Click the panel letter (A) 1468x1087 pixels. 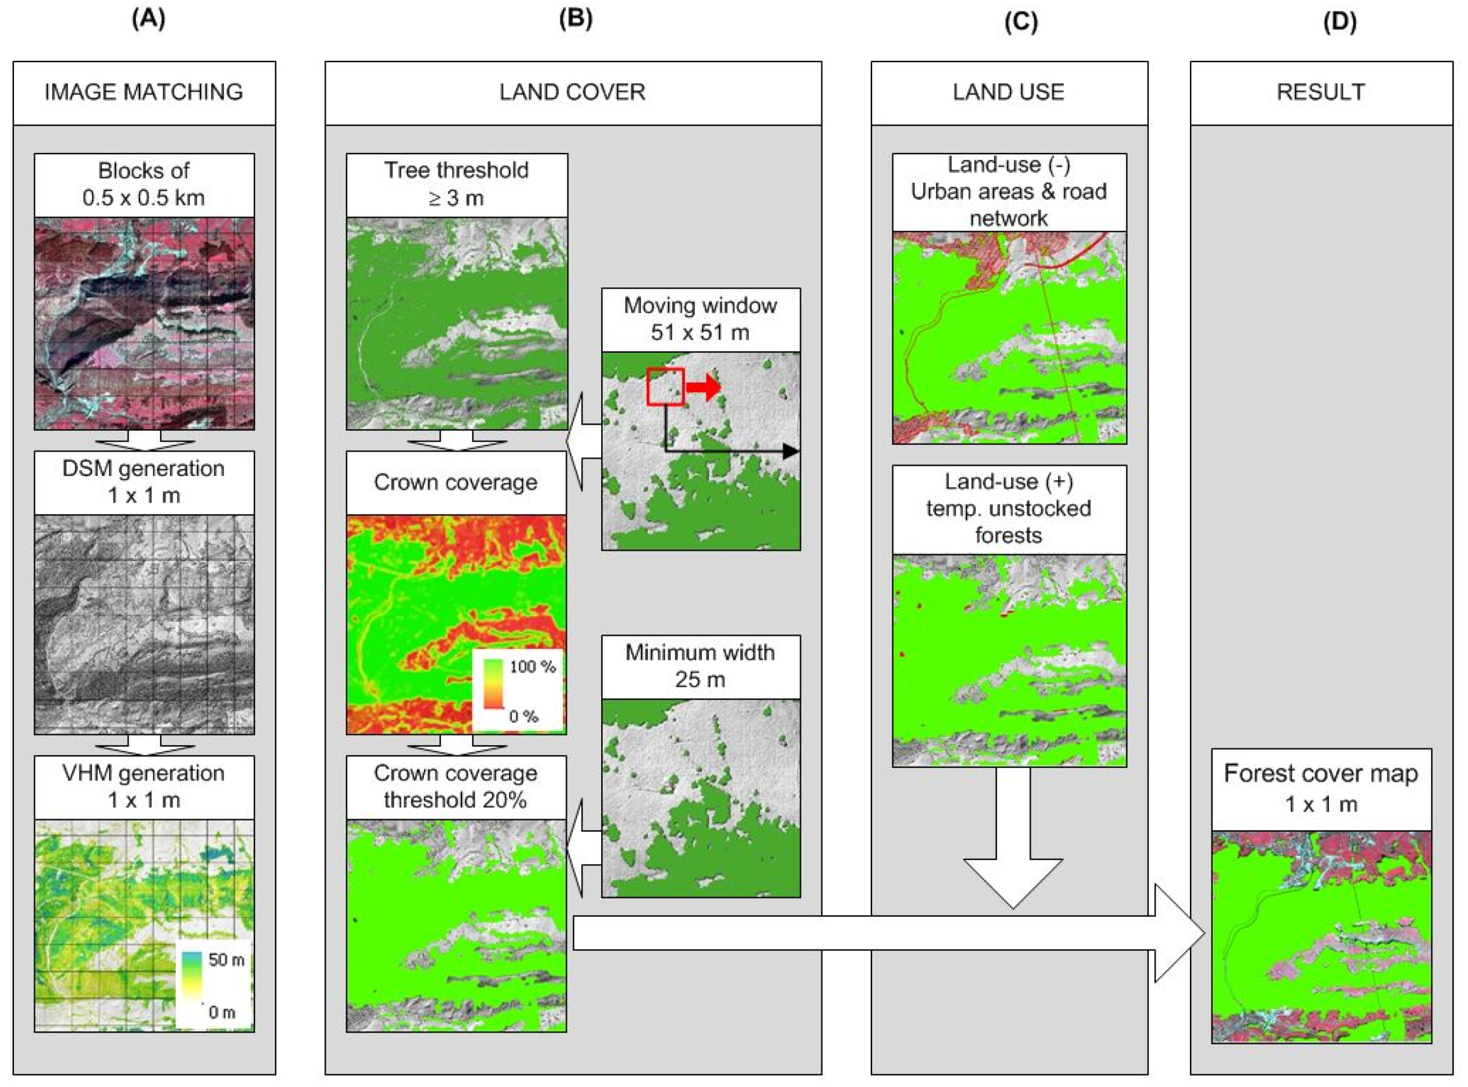tap(148, 19)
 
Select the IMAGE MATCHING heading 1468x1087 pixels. tap(144, 92)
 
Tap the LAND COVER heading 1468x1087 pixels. tap(573, 92)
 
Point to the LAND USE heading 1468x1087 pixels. tap(1008, 92)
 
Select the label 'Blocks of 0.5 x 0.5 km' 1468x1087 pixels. tap(144, 184)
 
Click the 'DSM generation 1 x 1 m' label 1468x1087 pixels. tap(144, 482)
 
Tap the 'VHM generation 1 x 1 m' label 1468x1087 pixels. tap(144, 786)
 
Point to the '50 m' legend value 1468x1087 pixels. tap(226, 960)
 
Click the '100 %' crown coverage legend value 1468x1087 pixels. tap(532, 667)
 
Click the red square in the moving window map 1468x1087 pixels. tap(665, 386)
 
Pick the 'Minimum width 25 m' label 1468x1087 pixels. tap(700, 665)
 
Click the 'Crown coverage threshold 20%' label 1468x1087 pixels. tap(455, 786)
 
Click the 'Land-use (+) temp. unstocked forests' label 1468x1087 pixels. tap(1008, 508)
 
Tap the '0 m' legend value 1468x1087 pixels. tap(222, 1012)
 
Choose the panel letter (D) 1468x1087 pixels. tap(1339, 21)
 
